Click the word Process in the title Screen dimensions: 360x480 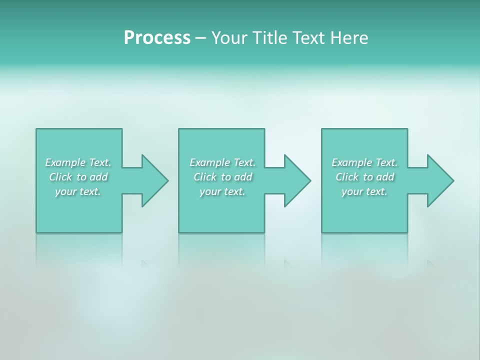pyautogui.click(x=157, y=38)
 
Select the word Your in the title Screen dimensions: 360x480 pyautogui.click(x=229, y=38)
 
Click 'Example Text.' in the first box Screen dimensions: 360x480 pyautogui.click(x=78, y=162)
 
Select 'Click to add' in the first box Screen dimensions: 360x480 pyautogui.click(x=78, y=177)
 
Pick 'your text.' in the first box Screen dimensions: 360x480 pyautogui.click(x=78, y=191)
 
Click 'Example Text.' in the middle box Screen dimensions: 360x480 pyautogui.click(x=222, y=162)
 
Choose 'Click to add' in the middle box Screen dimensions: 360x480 pyautogui.click(x=222, y=177)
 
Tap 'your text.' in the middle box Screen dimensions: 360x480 pyautogui.click(x=222, y=191)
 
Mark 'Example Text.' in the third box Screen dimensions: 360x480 pyautogui.click(x=364, y=162)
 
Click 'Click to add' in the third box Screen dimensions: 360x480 pyautogui.click(x=364, y=177)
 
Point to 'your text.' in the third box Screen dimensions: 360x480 pyautogui.click(x=364, y=191)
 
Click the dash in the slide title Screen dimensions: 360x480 pyautogui.click(x=201, y=38)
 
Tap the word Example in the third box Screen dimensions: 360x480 pyautogui.click(x=352, y=162)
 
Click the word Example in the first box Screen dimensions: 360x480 pyautogui.click(x=65, y=162)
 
